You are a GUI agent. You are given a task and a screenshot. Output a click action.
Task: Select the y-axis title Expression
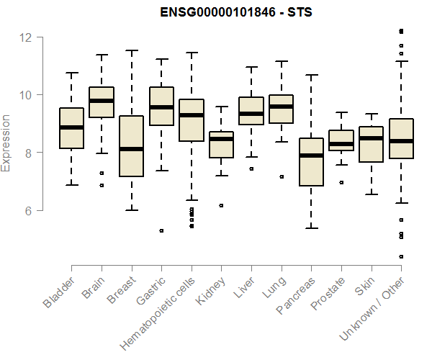click(x=6, y=143)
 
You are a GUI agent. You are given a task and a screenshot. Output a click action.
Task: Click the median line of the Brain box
click(x=102, y=101)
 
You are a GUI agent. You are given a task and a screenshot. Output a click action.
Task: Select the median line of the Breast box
click(x=132, y=149)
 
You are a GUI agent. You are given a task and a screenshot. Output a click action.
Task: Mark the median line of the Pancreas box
click(x=311, y=155)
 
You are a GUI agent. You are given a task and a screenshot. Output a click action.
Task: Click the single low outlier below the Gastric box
click(x=161, y=230)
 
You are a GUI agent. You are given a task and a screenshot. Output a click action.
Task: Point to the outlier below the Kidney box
click(x=221, y=205)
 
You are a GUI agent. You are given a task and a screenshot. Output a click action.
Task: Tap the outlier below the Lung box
click(x=282, y=176)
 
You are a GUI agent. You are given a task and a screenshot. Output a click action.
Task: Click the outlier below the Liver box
click(x=251, y=168)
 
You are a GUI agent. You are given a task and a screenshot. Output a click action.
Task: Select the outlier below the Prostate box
click(x=341, y=182)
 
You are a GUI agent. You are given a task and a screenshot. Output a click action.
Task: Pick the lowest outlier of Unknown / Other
click(x=401, y=256)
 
